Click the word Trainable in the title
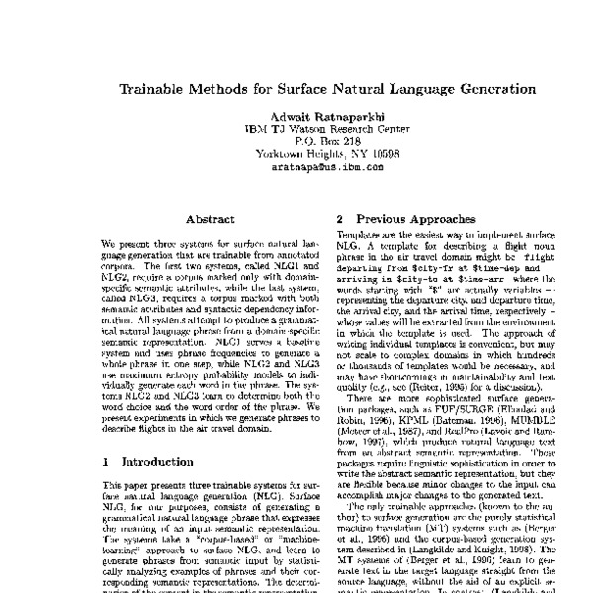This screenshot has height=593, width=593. (x=156, y=88)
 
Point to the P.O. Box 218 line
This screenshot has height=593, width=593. (x=296, y=141)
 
